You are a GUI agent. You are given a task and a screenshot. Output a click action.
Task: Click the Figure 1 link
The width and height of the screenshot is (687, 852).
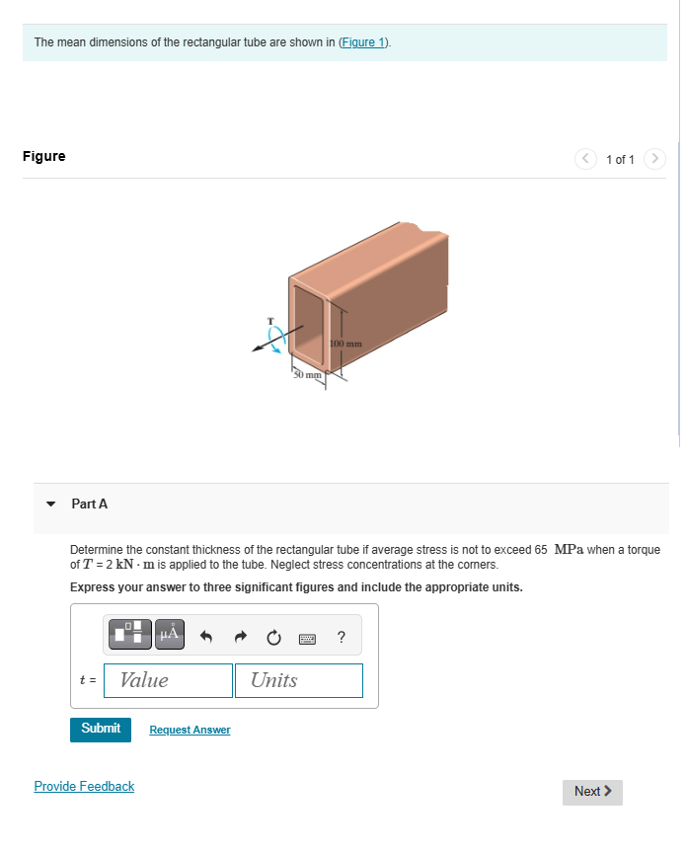(x=364, y=42)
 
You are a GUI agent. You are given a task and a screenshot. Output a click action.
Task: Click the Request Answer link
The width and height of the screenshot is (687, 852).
(x=190, y=730)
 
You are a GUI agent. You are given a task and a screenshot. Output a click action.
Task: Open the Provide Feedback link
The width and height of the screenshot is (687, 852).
(x=84, y=786)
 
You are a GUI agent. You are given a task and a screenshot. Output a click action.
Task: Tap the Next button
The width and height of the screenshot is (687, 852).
(x=592, y=791)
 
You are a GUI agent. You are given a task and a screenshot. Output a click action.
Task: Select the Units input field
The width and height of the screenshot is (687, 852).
(x=298, y=680)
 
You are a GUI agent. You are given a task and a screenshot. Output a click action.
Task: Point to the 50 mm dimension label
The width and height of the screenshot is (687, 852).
(x=306, y=375)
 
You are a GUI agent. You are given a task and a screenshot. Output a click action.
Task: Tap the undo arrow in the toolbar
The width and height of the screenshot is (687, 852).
(x=207, y=637)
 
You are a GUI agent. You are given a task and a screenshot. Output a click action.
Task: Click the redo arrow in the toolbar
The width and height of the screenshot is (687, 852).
(x=239, y=637)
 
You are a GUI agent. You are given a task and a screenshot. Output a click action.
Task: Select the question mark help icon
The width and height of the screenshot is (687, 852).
(x=341, y=637)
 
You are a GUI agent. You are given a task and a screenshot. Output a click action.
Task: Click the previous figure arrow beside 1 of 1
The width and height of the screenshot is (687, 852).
(x=586, y=159)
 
